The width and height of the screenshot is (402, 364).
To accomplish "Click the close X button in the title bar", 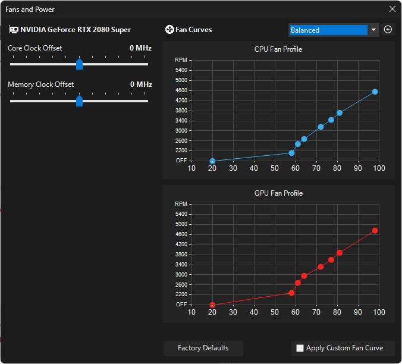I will [392, 9].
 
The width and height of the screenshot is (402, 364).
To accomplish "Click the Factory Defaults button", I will [203, 348].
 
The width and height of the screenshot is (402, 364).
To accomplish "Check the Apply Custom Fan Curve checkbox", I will [300, 349].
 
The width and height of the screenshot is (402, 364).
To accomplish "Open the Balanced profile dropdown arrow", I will [373, 30].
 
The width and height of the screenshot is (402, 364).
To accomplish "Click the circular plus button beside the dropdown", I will [388, 30].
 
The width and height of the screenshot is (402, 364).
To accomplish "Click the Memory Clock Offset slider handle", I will [79, 102].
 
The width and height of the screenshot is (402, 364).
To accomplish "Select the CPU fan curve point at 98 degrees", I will [375, 92].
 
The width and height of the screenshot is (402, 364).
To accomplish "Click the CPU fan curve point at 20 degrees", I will [212, 161].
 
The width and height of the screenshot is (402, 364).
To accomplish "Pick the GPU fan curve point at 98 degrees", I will [375, 230].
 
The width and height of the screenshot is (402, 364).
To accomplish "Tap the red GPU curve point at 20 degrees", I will [212, 305].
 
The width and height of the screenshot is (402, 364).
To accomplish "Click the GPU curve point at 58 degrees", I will [291, 293].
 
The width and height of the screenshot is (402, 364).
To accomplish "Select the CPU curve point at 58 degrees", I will [291, 153].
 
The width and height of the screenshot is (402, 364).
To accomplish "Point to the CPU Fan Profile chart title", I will [278, 49].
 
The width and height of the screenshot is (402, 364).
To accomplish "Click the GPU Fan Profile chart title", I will [278, 193].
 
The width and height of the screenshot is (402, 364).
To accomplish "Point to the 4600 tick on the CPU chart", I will [181, 90].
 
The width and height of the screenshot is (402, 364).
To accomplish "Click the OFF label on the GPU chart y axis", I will [181, 304].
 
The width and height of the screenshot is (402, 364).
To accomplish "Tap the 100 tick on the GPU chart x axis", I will [379, 312].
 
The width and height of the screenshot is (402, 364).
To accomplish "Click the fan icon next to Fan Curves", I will [169, 30].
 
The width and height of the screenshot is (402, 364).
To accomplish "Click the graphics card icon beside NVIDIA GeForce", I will [13, 30].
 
